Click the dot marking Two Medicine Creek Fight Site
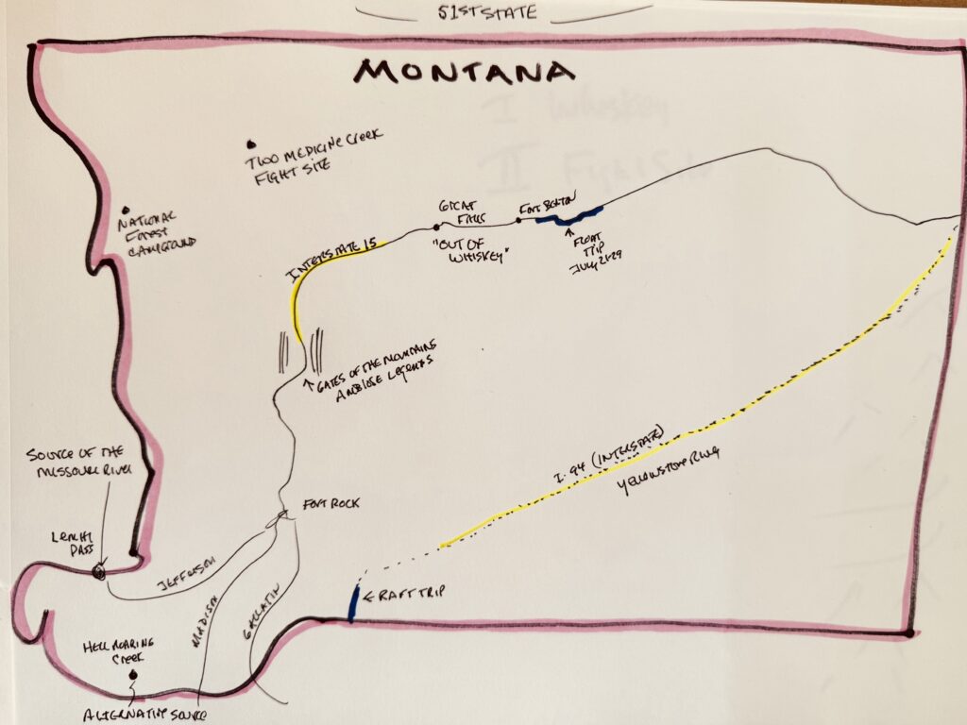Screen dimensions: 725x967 click(251, 143)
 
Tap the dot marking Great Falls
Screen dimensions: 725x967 click(435, 227)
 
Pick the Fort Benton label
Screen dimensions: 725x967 click(547, 208)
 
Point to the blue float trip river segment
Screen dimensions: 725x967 click(567, 217)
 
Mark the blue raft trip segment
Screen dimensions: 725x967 click(353, 603)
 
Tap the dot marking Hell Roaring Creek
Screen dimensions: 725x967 click(133, 674)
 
